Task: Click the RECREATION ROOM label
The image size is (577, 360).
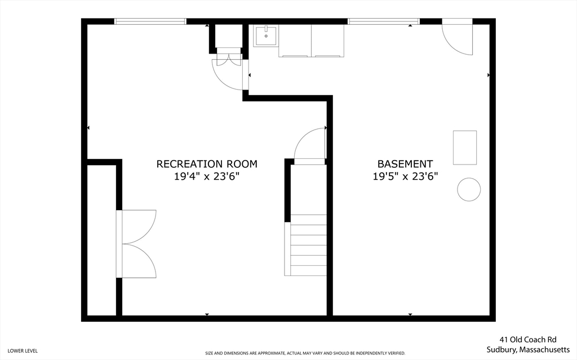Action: click(x=206, y=164)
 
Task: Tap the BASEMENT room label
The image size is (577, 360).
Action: click(x=405, y=164)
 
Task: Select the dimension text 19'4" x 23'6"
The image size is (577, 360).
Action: click(x=206, y=176)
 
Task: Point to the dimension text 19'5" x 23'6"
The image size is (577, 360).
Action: click(x=405, y=176)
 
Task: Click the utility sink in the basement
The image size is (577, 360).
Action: click(x=265, y=36)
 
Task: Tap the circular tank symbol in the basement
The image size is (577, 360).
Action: click(x=468, y=189)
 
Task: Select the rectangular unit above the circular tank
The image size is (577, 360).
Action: click(x=465, y=148)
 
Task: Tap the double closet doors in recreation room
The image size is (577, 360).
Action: click(x=136, y=243)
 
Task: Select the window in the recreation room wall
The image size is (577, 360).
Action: click(x=150, y=21)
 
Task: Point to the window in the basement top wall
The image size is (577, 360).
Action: click(x=383, y=21)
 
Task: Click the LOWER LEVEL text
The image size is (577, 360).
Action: click(x=23, y=351)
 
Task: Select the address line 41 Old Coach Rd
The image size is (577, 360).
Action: click(x=527, y=340)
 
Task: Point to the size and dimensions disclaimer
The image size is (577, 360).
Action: click(x=305, y=353)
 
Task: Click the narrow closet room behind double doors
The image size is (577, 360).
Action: click(x=101, y=239)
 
